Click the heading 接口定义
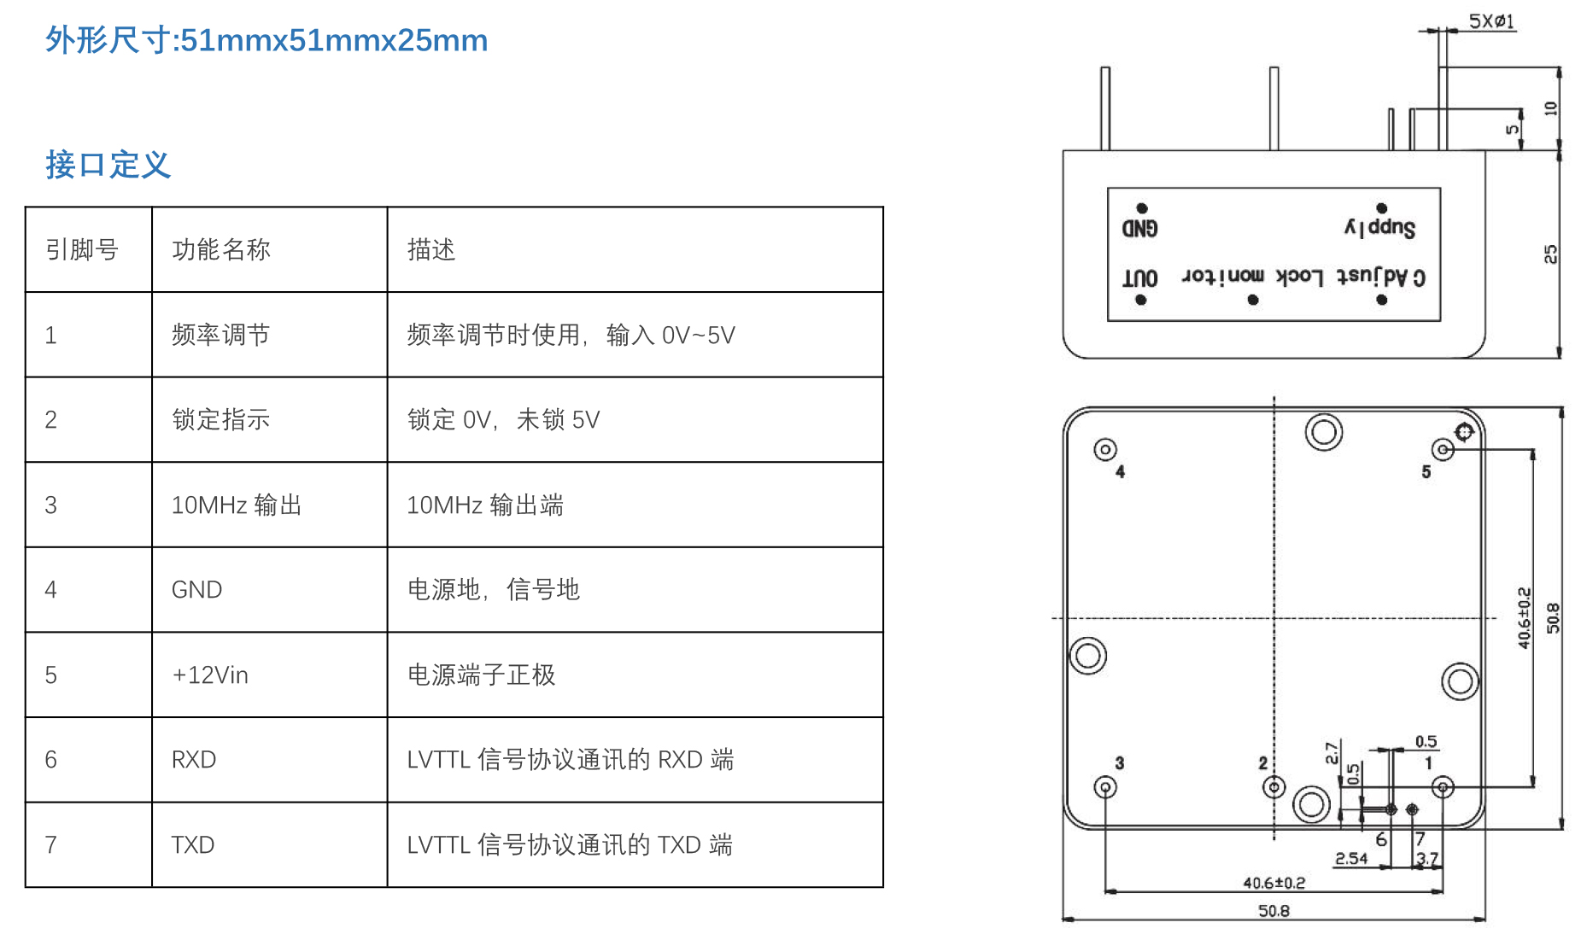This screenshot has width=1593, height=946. [108, 165]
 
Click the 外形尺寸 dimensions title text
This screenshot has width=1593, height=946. [266, 40]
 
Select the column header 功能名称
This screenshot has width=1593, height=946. [221, 249]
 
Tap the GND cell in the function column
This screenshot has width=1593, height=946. [197, 589]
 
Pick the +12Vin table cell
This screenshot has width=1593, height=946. [210, 674]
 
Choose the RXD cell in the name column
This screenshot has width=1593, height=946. [194, 759]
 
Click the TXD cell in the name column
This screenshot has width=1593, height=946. [193, 844]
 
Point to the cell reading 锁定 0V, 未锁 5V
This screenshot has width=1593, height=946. [503, 419]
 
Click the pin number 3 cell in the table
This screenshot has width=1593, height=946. [51, 505]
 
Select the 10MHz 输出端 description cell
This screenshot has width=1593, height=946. [485, 505]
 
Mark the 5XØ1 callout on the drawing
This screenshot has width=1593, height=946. [1491, 21]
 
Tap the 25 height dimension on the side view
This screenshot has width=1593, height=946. [1550, 254]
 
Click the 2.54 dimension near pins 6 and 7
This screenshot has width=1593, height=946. [1351, 858]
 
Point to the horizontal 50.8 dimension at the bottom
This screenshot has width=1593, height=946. [1274, 911]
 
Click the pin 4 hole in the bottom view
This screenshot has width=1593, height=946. [1105, 449]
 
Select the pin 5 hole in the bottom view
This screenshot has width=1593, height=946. [1443, 449]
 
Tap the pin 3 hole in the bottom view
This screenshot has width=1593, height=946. [1105, 786]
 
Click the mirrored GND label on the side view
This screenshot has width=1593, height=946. [1140, 228]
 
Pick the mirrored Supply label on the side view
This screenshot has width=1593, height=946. [1380, 227]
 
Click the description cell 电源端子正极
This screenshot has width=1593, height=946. [481, 674]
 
